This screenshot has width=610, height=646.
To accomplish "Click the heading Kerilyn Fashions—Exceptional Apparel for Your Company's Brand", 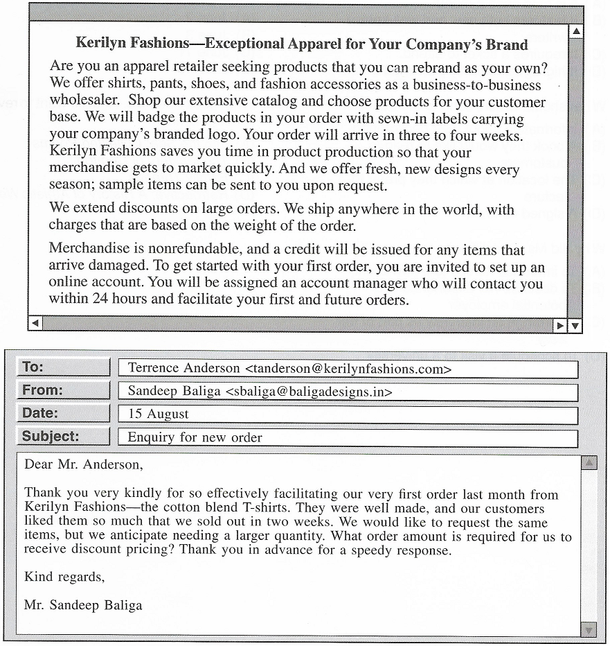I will point(301,44).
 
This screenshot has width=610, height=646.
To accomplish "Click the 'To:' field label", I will point(33,367).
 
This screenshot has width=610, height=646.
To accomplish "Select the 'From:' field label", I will point(42,390).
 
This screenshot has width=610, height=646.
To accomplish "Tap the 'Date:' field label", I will point(40,413).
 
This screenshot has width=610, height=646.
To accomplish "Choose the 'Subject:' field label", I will point(51,437).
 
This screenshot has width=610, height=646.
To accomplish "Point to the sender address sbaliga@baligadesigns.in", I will point(309,392).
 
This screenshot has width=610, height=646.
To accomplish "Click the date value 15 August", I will point(158,414).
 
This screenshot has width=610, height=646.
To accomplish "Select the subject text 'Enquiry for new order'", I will point(195,437).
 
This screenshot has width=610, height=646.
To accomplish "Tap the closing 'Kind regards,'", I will point(64,577).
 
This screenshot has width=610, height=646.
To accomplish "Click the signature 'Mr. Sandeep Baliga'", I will point(83,605).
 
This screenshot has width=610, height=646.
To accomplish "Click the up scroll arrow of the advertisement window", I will point(575,32).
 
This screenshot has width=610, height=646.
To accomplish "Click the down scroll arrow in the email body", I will point(589,629).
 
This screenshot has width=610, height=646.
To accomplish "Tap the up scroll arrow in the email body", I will point(589,463).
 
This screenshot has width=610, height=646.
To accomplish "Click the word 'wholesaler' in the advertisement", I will point(83,101).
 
